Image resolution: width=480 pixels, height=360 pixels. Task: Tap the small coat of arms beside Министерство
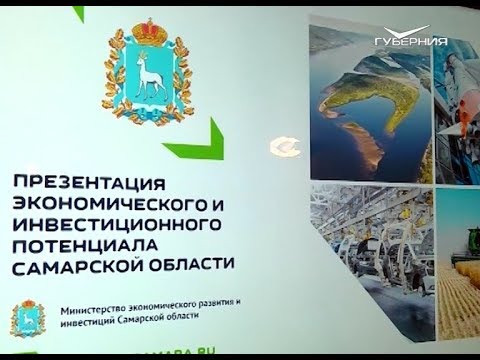(x=28, y=319)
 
